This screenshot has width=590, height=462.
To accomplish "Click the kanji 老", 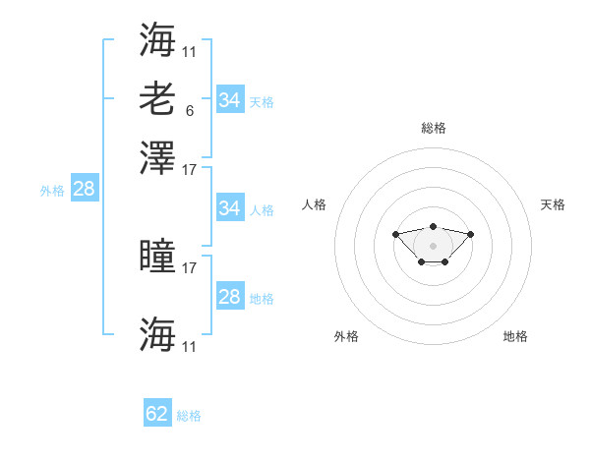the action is (157, 99).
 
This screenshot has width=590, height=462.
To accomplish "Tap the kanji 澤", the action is (157, 158).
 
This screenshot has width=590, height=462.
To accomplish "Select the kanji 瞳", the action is (157, 255).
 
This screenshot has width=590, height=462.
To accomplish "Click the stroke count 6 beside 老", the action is (190, 111).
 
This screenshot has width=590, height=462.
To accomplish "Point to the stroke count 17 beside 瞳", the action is (189, 268).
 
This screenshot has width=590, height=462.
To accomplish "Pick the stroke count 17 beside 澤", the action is (189, 170).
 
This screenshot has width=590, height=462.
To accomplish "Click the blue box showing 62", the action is (157, 412).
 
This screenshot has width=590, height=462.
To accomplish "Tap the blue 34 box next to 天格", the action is (231, 99).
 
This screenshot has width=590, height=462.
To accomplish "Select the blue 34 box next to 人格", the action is (231, 207).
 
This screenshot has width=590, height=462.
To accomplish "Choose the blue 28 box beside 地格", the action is (231, 295).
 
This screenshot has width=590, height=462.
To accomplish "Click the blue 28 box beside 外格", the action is (85, 188).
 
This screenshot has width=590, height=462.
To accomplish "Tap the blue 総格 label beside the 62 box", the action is (189, 416).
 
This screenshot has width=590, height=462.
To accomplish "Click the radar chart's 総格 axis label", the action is (434, 128).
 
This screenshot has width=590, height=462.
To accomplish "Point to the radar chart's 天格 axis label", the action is (553, 204).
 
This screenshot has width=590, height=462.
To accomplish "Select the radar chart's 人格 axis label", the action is (314, 204).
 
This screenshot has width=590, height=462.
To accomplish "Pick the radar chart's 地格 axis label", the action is (515, 336).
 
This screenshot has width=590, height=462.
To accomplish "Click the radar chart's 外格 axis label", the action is (346, 336).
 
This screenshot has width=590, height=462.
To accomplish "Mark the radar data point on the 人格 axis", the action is (395, 234).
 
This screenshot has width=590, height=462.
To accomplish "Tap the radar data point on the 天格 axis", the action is (470, 234).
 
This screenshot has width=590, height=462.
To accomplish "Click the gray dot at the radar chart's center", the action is (433, 246).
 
